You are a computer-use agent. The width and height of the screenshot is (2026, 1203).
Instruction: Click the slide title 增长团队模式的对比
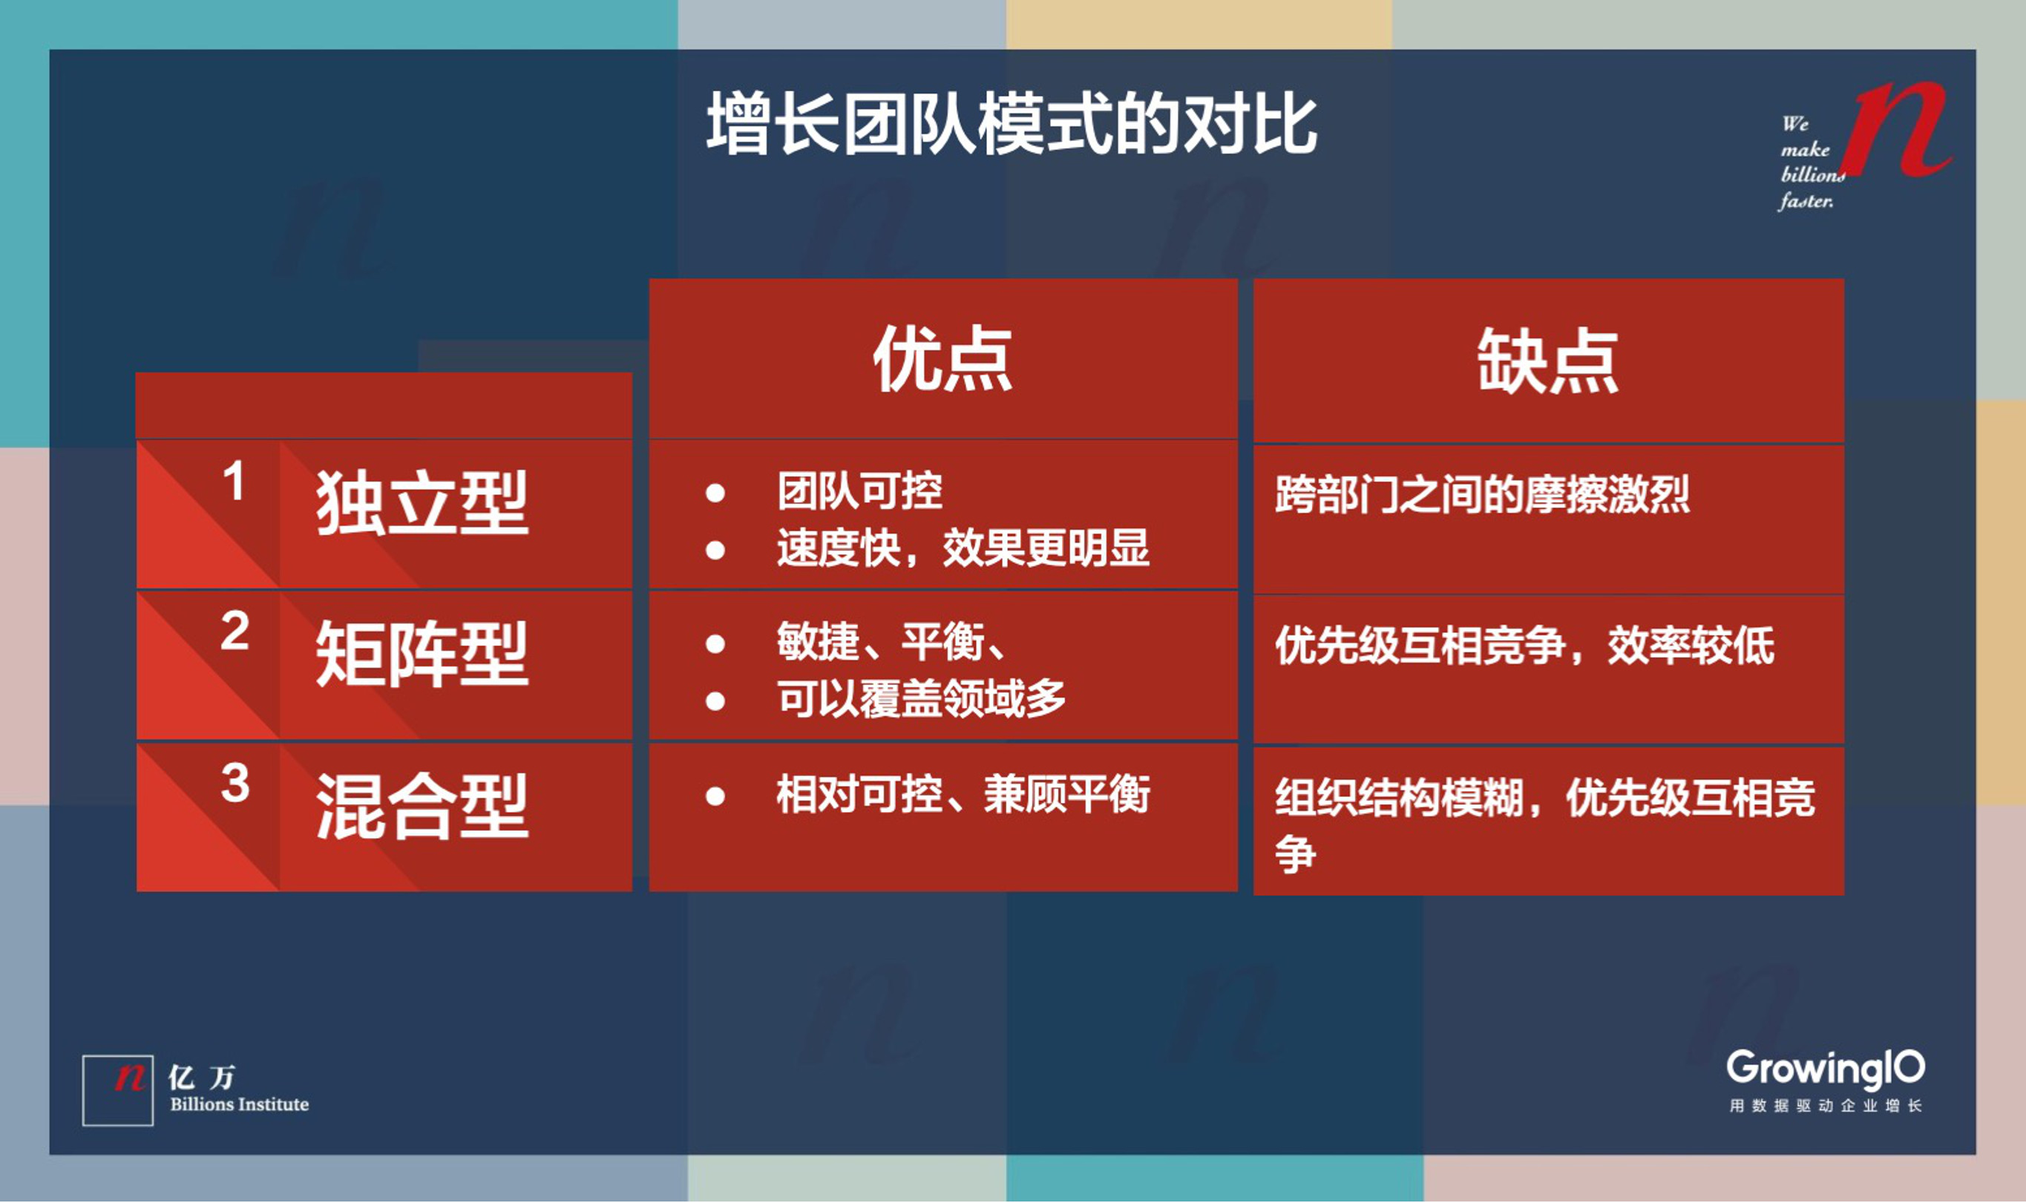[x=1012, y=124]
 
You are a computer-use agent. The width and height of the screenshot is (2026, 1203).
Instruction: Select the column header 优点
[x=942, y=360]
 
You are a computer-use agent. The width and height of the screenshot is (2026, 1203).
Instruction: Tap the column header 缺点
[x=1547, y=361]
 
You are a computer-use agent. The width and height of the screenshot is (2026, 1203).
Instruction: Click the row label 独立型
[x=422, y=504]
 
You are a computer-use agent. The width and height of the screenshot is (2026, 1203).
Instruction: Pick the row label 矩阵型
[x=422, y=655]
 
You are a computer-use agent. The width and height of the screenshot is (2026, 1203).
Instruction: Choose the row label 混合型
[x=422, y=807]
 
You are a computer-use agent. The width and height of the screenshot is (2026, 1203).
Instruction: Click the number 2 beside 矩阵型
[x=235, y=632]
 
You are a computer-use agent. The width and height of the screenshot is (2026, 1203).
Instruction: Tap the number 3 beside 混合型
[x=235, y=784]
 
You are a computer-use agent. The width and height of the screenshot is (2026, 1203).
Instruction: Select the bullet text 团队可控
[x=859, y=491]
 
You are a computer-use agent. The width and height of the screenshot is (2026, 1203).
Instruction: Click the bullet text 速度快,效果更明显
[x=963, y=548]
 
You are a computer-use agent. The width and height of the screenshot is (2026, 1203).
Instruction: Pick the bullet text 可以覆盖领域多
[x=921, y=700]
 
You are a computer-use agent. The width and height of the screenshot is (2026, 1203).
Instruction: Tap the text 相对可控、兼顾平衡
[x=963, y=794]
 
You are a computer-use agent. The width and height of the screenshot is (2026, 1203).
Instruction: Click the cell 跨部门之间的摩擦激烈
[x=1481, y=495]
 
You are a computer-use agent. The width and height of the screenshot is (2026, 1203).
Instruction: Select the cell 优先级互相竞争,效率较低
[x=1524, y=646]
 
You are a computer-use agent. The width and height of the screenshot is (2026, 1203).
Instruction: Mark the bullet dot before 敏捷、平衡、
[x=715, y=644]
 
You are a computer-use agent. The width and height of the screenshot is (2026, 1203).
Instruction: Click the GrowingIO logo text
[x=1825, y=1069]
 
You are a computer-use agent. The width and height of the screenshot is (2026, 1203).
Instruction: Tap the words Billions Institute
[x=239, y=1105]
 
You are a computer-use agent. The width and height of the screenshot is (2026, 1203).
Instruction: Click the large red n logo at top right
[x=1901, y=130]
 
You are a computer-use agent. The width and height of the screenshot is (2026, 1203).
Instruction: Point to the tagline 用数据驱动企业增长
[x=1825, y=1107]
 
